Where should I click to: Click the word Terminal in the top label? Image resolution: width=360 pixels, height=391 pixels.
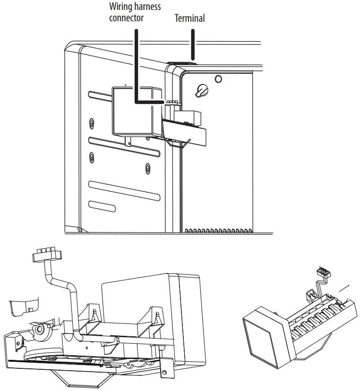pyautogui.click(x=189, y=18)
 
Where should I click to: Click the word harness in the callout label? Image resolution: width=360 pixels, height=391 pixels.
pyautogui.click(x=146, y=7)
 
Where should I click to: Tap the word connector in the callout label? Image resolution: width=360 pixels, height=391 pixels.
pyautogui.click(x=126, y=18)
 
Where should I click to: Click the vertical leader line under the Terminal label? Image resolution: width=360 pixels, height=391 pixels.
pyautogui.click(x=192, y=45)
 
